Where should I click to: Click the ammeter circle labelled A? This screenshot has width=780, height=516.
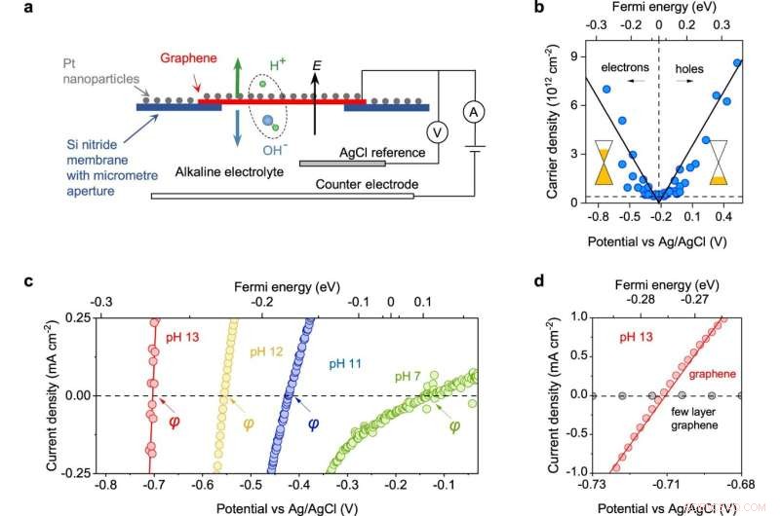pos(474,113)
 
